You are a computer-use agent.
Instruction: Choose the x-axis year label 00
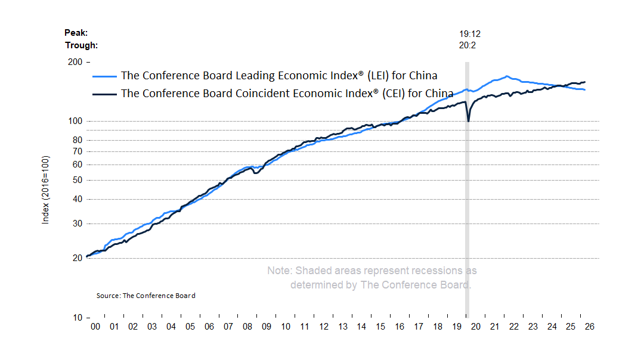(95, 327)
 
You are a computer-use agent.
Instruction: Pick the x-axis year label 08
(247, 327)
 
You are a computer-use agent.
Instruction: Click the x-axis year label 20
(476, 327)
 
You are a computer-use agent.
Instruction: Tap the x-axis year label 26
(590, 327)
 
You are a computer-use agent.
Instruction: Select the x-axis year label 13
(343, 327)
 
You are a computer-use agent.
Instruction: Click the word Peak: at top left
(76, 33)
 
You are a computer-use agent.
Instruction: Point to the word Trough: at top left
(81, 45)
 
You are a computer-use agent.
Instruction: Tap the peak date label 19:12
(467, 34)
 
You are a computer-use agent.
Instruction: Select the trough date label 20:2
(467, 45)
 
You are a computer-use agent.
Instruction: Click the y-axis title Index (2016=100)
(45, 190)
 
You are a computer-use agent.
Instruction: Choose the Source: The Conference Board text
(145, 296)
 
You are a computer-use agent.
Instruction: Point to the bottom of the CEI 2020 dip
(468, 122)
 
